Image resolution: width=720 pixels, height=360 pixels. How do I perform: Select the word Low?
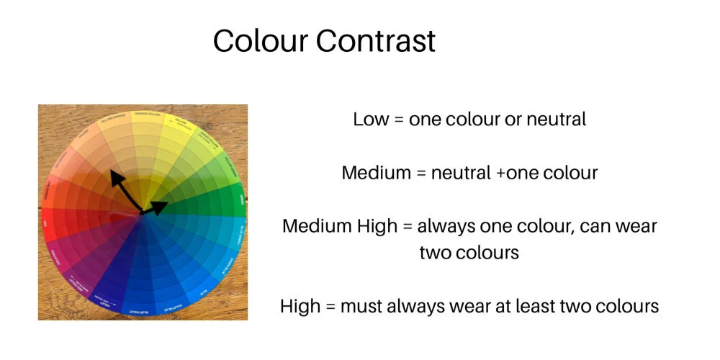pyautogui.click(x=369, y=119)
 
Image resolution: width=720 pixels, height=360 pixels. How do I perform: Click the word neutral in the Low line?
pyautogui.click(x=556, y=119)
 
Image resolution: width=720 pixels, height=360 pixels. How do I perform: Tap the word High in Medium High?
pyautogui.click(x=374, y=226)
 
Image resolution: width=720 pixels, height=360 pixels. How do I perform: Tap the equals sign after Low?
pyautogui.click(x=397, y=120)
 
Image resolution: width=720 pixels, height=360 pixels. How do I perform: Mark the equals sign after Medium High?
pyautogui.click(x=407, y=227)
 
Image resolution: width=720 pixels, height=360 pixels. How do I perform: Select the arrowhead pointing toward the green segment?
pyautogui.click(x=161, y=207)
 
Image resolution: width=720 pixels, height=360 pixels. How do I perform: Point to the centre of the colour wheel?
pyautogui.click(x=145, y=213)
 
